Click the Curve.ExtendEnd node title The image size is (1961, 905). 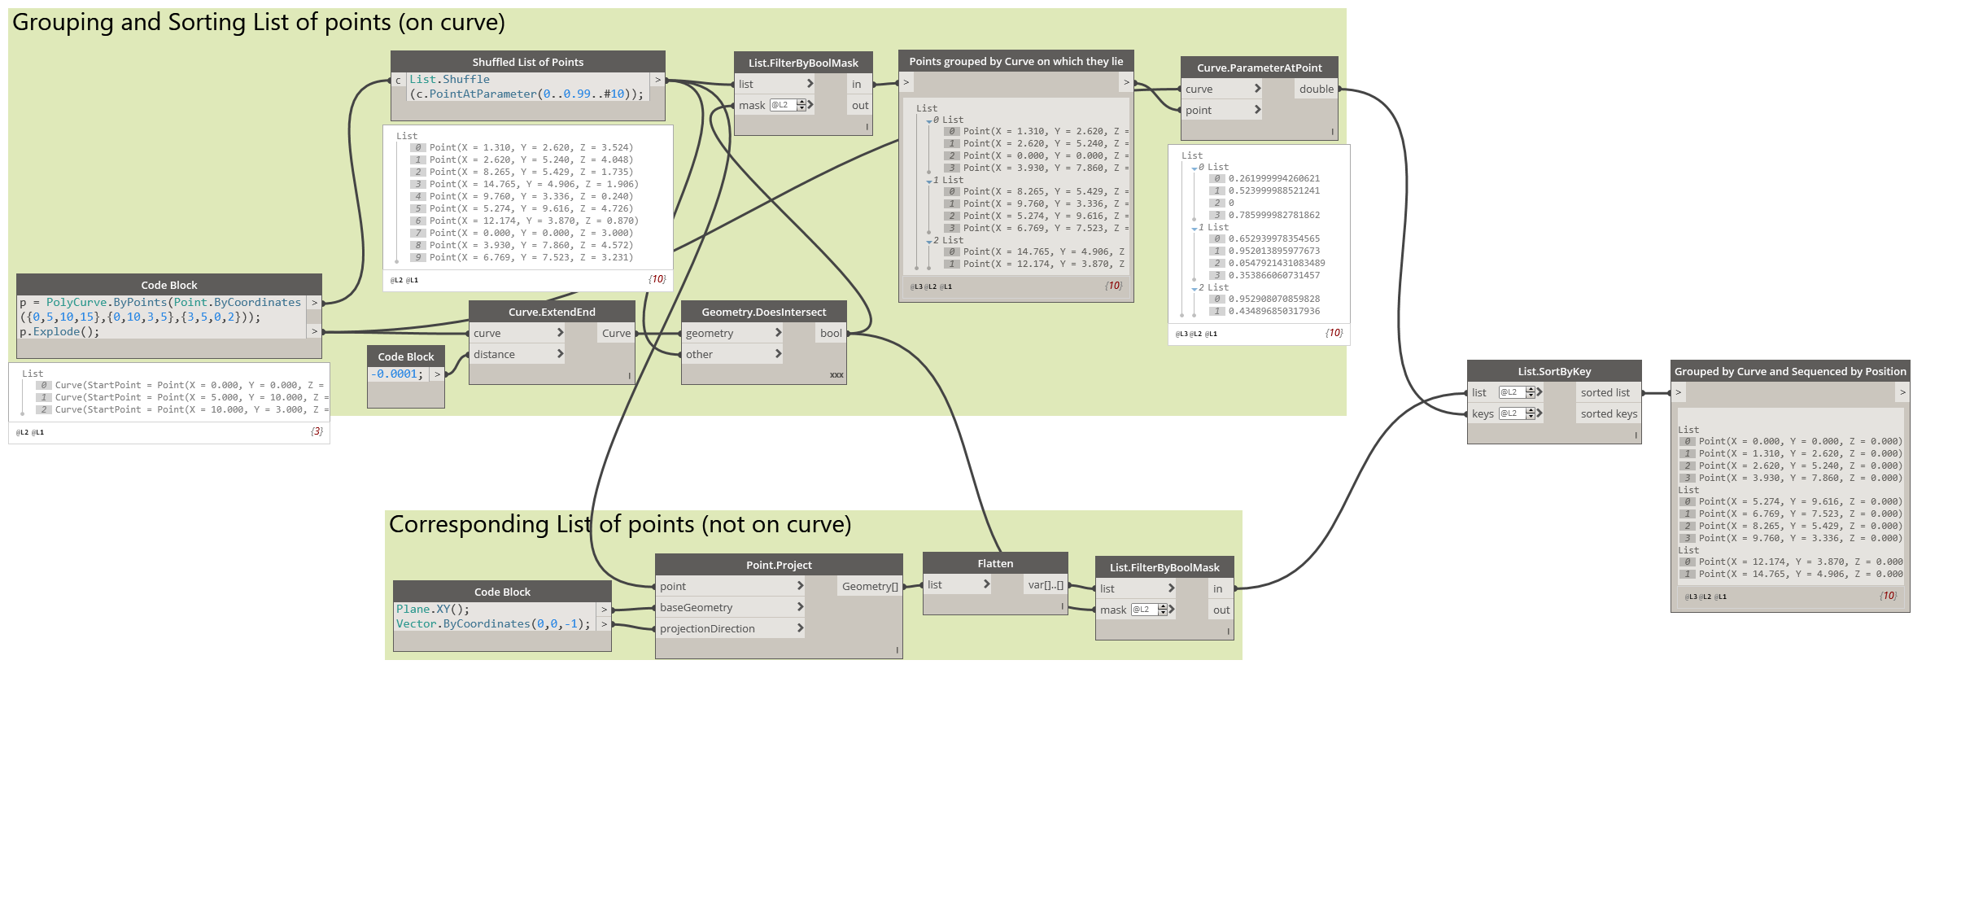(552, 312)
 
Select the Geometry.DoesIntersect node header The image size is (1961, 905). (763, 312)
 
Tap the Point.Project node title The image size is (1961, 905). (779, 565)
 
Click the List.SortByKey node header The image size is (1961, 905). (1554, 371)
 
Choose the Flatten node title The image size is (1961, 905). (995, 563)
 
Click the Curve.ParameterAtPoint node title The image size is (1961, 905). (1259, 68)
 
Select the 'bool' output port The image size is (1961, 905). (831, 333)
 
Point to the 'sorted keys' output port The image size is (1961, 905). (1609, 413)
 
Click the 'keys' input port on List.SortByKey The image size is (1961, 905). (1483, 413)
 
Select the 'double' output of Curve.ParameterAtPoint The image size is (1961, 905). (1316, 89)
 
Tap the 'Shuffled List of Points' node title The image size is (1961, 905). (527, 62)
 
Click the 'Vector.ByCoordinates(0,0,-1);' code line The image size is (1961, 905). (493, 624)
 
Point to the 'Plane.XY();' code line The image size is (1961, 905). (433, 610)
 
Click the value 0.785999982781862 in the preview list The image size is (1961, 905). (1273, 215)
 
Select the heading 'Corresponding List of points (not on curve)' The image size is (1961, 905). (620, 525)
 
